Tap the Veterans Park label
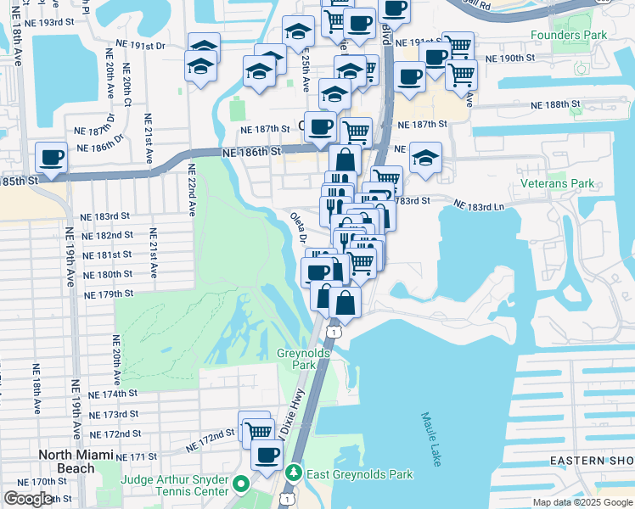(558, 183)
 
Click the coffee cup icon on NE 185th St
(52, 157)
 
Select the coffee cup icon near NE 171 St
(268, 454)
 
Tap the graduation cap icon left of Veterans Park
(424, 157)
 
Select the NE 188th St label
(554, 103)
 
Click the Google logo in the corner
(28, 499)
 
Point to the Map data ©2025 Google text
(582, 502)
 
